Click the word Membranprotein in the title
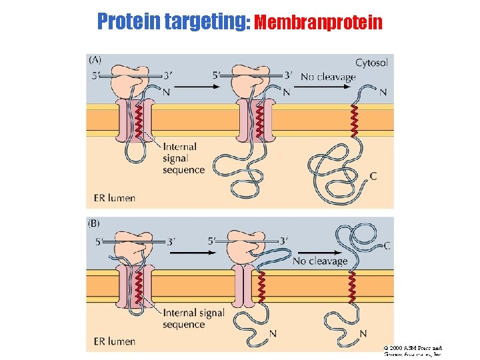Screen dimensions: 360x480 tap(319, 23)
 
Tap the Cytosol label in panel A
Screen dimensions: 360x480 tap(372, 63)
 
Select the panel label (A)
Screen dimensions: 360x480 tap(95, 60)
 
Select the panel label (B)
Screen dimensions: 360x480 tap(95, 224)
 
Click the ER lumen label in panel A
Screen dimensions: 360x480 tap(114, 197)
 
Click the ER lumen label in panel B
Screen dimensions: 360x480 tap(114, 341)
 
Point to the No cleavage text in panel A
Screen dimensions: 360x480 tap(328, 77)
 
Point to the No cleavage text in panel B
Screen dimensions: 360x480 tap(320, 261)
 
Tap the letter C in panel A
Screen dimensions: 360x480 tap(373, 176)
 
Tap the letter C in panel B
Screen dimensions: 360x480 tap(387, 245)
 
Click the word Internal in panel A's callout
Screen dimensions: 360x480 tap(180, 147)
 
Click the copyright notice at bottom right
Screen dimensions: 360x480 tap(413, 351)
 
